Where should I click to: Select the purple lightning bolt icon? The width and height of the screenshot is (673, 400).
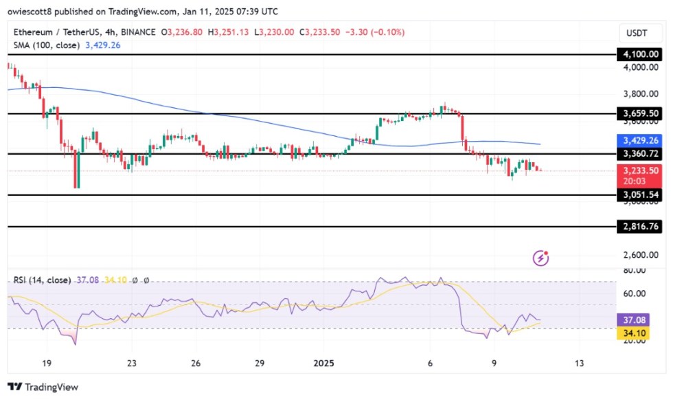(x=541, y=258)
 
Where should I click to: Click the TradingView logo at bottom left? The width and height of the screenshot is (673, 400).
(x=43, y=387)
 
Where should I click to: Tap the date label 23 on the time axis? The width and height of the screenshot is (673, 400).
(x=132, y=363)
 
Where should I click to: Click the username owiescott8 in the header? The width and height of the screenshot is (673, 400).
(x=32, y=12)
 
